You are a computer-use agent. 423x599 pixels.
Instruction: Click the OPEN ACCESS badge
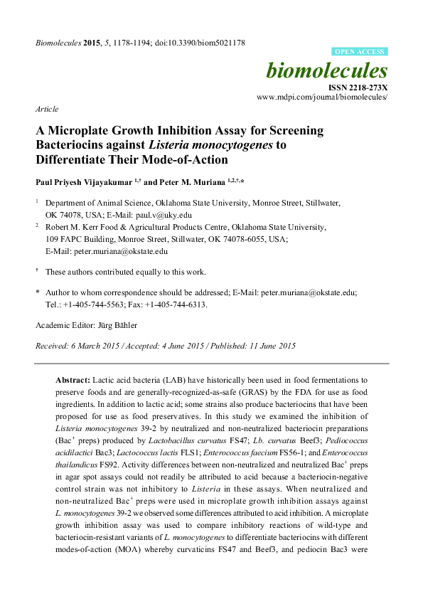pyautogui.click(x=360, y=52)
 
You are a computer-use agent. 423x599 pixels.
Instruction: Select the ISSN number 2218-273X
pyautogui.click(x=368, y=87)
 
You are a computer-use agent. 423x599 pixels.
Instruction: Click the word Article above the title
pyautogui.click(x=47, y=109)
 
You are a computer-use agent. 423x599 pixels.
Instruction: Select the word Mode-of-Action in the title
pyautogui.click(x=188, y=159)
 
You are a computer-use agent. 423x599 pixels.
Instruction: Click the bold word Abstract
pyautogui.click(x=73, y=381)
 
